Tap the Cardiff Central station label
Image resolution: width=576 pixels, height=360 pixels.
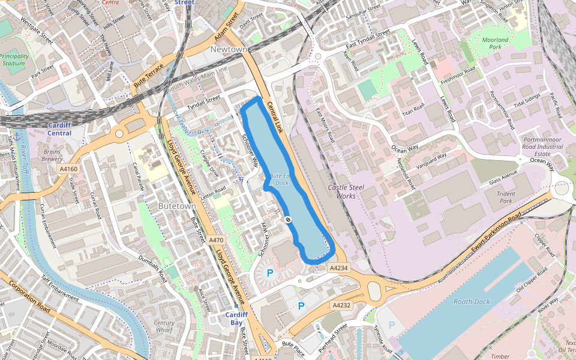(x=59, y=129)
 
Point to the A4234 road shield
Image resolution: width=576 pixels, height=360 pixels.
(x=339, y=268)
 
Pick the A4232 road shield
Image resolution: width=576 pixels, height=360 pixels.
(x=341, y=305)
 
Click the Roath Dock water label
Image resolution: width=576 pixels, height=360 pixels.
(x=472, y=302)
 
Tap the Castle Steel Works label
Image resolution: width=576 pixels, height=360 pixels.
(x=346, y=192)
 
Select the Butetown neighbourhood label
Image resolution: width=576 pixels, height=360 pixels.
(x=177, y=206)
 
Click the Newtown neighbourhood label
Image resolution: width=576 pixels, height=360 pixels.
(x=229, y=49)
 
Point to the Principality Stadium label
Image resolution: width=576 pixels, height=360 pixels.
(x=14, y=59)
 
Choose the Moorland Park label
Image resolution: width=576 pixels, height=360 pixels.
(x=495, y=43)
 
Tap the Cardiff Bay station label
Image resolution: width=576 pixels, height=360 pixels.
(x=237, y=319)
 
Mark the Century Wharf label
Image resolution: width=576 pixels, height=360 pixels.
(x=164, y=326)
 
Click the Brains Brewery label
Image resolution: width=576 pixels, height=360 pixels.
(x=52, y=156)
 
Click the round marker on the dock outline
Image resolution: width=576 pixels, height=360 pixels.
(x=289, y=220)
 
